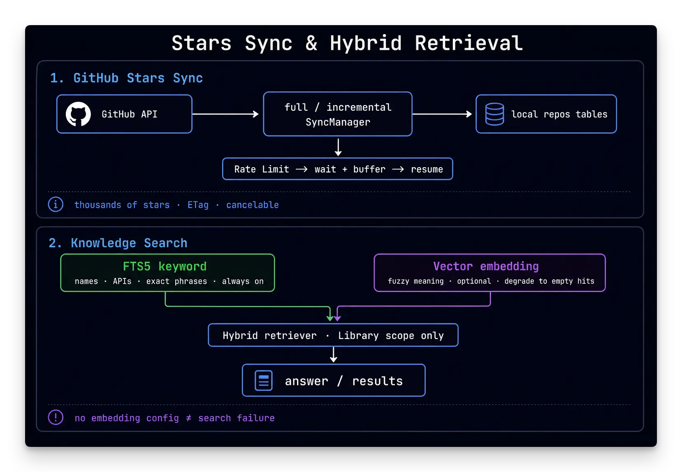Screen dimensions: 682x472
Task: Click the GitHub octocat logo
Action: coord(78,114)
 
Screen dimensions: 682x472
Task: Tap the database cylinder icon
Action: coord(494,114)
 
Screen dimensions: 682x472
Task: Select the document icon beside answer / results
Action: coord(264,380)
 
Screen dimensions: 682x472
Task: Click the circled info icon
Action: coord(56,204)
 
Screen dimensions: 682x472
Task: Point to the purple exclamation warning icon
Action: coord(56,417)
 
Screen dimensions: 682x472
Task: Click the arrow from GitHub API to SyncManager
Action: coord(225,114)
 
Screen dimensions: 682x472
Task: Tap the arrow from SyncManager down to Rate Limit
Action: coord(338,147)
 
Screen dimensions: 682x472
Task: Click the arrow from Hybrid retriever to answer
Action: coord(333,355)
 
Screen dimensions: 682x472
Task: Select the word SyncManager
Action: coord(338,122)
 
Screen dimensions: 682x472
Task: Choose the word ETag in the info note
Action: coord(198,205)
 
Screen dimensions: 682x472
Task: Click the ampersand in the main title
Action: coord(311,43)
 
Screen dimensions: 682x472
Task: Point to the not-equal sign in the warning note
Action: coord(189,418)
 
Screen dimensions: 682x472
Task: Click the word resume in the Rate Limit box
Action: coord(427,170)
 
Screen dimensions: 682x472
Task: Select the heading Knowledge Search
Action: coord(129,243)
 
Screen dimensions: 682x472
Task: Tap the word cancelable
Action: coord(253,205)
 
